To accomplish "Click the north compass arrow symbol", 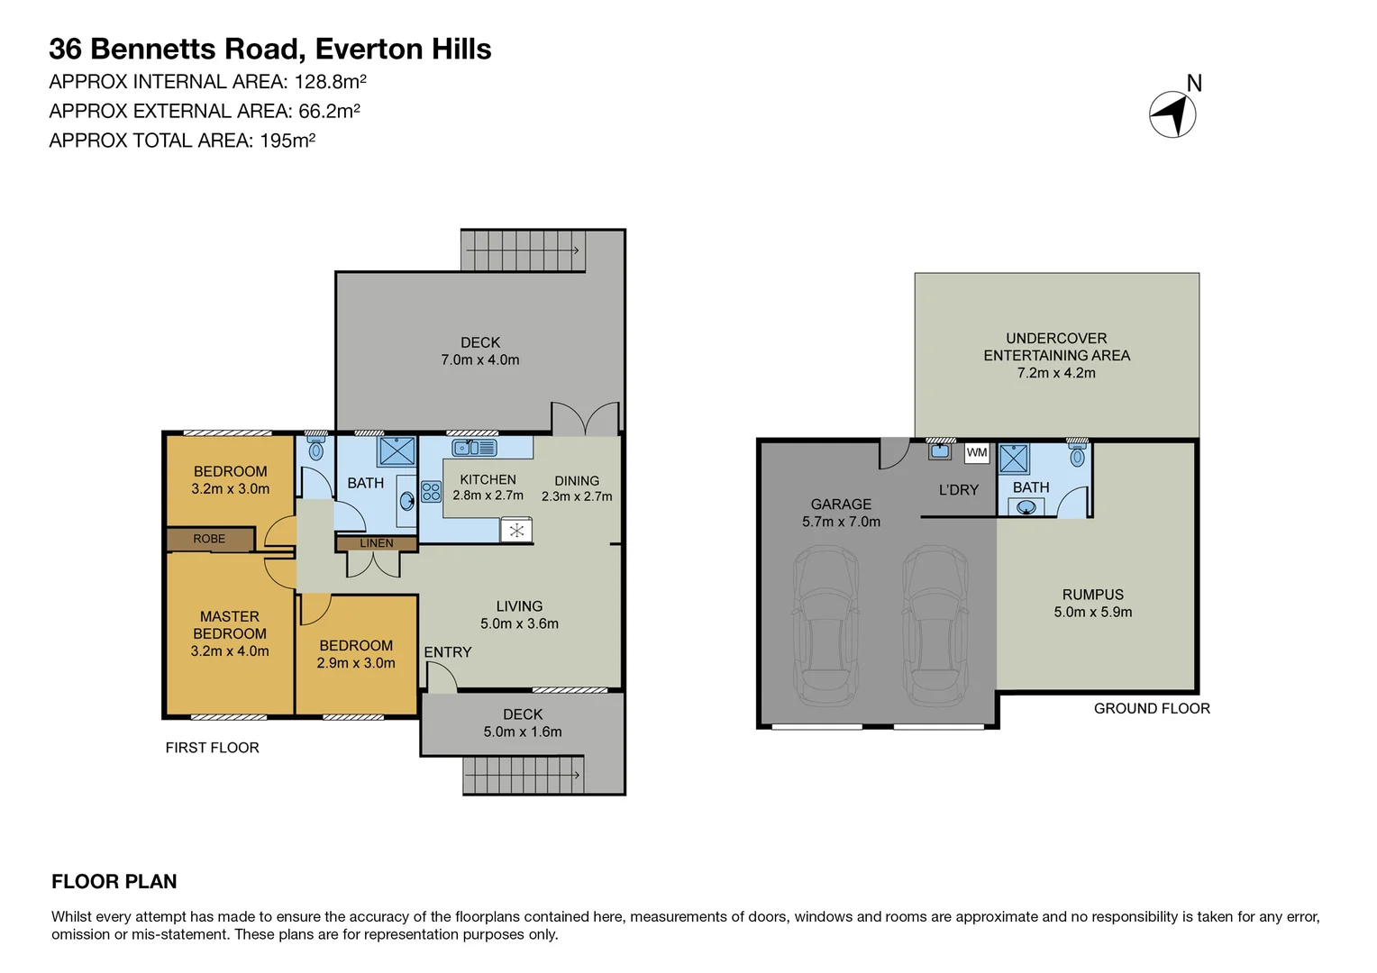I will (x=1172, y=114).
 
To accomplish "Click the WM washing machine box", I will (x=977, y=452).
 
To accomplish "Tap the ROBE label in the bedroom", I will (x=209, y=539).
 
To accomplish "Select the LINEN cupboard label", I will (x=376, y=543).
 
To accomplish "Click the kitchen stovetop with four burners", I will (x=432, y=492).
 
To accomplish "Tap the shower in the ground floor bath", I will (x=1014, y=459).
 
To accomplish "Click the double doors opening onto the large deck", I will (x=586, y=420).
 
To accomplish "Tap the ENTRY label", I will (x=448, y=652).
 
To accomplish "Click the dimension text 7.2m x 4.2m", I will (x=1056, y=373).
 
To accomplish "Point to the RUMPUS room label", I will (x=1092, y=595).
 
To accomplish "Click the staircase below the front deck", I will (x=523, y=775).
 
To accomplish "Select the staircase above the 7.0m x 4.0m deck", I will (x=521, y=250).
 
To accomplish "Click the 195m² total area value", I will (x=287, y=141).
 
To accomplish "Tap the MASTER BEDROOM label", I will (x=229, y=625).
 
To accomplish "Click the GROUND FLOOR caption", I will (x=1151, y=709).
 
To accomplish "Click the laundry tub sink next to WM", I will (x=940, y=450).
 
